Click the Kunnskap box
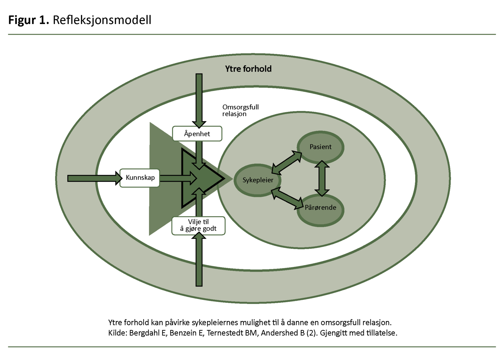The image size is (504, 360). (140, 178)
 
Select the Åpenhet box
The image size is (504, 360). (197, 134)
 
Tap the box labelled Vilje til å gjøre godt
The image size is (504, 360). (198, 225)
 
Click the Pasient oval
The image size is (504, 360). (320, 147)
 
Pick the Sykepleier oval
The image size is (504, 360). (258, 180)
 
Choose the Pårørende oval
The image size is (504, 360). (320, 208)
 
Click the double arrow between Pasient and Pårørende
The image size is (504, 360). (322, 178)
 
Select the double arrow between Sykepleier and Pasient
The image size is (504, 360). (287, 163)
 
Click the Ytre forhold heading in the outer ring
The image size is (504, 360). (248, 69)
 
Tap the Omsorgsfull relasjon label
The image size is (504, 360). (240, 110)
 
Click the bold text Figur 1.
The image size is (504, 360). (29, 20)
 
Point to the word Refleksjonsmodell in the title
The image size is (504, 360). (102, 20)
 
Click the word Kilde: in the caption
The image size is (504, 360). (117, 333)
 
